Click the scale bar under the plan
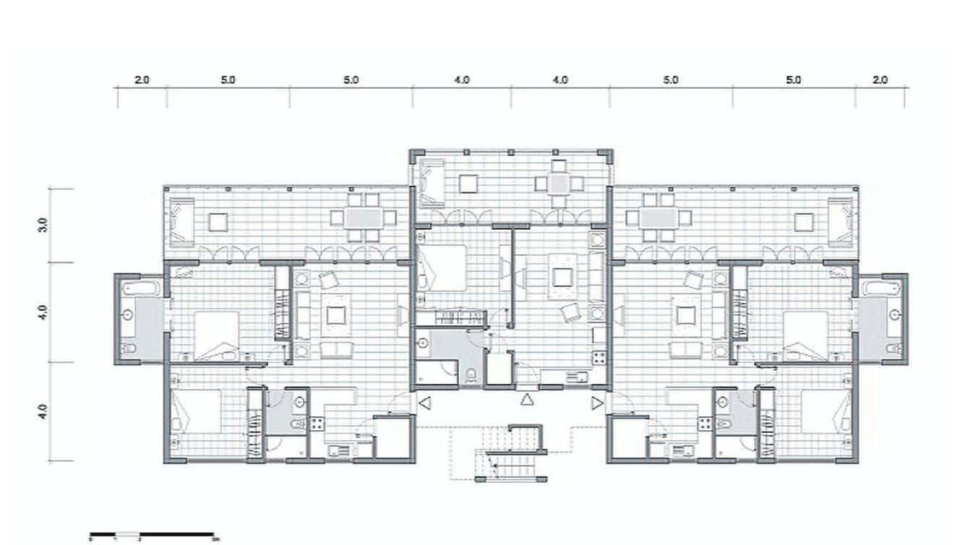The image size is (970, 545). [x=152, y=536]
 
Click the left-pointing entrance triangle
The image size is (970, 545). [x=425, y=403]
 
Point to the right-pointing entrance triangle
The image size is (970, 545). [x=597, y=403]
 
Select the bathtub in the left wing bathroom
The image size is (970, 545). [x=140, y=288]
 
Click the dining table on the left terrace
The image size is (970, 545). [x=359, y=217]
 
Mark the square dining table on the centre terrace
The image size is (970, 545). [x=557, y=184]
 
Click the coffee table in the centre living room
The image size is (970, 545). [x=562, y=277]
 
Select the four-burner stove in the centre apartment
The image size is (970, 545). [x=598, y=357]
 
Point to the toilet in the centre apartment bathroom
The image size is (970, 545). [x=471, y=374]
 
